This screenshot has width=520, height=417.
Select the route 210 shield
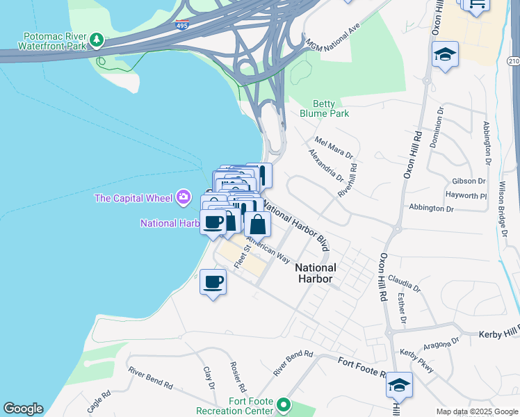tap(513, 62)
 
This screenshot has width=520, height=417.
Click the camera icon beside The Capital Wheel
tap(184, 197)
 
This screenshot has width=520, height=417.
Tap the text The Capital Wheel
tap(133, 198)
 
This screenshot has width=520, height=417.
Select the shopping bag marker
tap(257, 224)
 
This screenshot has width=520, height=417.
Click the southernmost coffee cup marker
tap(213, 282)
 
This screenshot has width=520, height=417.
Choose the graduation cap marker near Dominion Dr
tap(445, 54)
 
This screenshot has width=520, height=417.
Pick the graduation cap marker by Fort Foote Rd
tap(399, 384)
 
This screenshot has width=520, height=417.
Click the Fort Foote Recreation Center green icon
tap(283, 404)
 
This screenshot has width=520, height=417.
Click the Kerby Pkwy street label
tap(416, 361)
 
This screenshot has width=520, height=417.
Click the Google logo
tap(23, 409)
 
